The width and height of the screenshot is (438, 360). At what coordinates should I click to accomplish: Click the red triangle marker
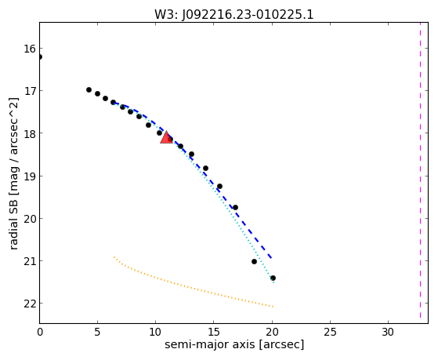(x=166, y=137)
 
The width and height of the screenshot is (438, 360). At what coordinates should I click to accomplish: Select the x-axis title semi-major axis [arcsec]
(x=234, y=344)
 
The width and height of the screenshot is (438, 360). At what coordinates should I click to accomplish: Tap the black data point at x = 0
(x=40, y=56)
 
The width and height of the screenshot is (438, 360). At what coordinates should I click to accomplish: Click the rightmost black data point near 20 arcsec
(x=273, y=278)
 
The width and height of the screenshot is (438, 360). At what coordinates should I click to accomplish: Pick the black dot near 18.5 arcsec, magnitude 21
(x=254, y=261)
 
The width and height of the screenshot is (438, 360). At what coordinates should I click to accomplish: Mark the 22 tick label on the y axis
(x=30, y=304)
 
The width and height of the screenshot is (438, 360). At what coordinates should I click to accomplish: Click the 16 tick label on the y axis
(x=30, y=49)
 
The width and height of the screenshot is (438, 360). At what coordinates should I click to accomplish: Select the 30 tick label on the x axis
(x=388, y=333)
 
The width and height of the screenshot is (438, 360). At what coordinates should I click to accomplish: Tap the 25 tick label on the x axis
(x=330, y=333)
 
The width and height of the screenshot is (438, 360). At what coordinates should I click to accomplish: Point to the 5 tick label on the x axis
(x=97, y=333)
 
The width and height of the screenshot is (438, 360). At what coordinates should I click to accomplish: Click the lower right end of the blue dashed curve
(x=272, y=258)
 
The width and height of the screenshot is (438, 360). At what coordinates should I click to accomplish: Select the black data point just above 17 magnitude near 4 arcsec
(x=89, y=89)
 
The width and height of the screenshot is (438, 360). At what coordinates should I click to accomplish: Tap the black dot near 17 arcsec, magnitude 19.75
(x=236, y=208)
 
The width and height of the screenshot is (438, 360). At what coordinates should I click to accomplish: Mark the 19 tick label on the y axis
(x=30, y=176)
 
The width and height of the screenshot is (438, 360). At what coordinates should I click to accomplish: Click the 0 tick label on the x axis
(x=40, y=333)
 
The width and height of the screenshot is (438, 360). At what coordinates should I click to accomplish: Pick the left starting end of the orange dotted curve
(x=114, y=256)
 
